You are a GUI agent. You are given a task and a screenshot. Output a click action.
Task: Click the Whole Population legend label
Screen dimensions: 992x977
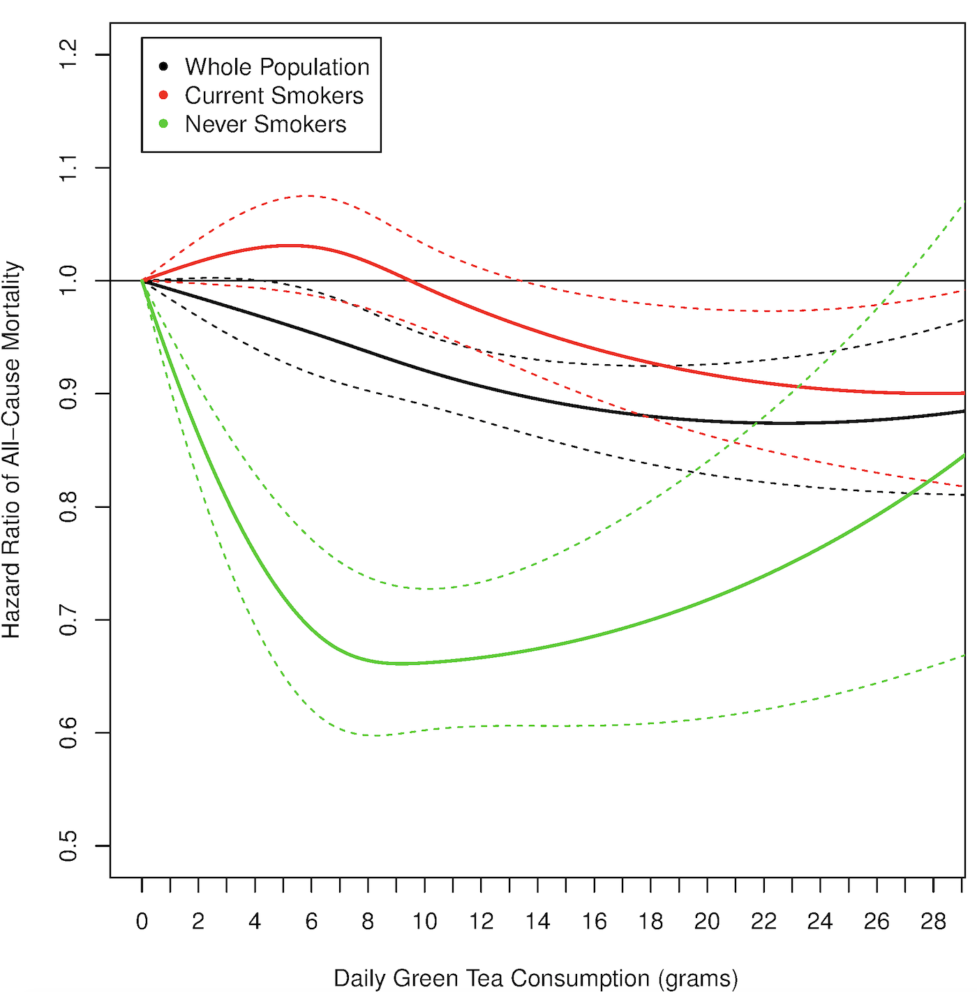point(277,67)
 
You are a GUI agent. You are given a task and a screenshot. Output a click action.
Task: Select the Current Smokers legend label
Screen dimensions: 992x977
point(274,96)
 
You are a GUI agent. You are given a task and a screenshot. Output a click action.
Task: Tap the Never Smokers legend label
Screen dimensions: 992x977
point(265,124)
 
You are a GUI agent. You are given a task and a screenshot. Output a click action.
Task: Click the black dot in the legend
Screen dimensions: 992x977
point(163,67)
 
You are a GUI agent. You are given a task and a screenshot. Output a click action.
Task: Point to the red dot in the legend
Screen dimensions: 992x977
point(163,95)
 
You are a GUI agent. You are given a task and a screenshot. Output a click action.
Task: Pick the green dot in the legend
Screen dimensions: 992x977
point(163,123)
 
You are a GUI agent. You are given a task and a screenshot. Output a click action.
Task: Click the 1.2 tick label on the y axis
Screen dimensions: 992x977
point(68,54)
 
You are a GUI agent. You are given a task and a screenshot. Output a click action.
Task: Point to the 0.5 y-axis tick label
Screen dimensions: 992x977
point(68,846)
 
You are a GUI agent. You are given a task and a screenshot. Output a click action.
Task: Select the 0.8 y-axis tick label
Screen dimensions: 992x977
point(68,506)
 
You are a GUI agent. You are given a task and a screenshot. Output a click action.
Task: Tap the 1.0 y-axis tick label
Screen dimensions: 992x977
point(68,280)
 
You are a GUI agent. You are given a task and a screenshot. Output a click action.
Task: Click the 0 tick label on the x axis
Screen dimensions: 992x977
point(142,922)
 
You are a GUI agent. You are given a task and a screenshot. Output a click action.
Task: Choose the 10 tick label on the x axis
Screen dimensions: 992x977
point(424,922)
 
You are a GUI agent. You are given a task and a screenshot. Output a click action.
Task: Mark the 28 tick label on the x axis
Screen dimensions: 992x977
point(933,922)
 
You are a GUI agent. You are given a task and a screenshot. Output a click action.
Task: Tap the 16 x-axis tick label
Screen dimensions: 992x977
point(594,922)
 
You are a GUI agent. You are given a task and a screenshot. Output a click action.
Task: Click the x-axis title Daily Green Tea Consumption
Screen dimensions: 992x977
point(535,978)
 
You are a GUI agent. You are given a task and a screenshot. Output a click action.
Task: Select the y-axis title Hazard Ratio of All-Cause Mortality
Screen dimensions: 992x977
point(12,450)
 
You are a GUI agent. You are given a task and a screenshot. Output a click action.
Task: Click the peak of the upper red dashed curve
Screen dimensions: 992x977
point(307,195)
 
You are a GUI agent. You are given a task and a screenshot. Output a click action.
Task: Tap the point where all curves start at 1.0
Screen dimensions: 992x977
point(142,280)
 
